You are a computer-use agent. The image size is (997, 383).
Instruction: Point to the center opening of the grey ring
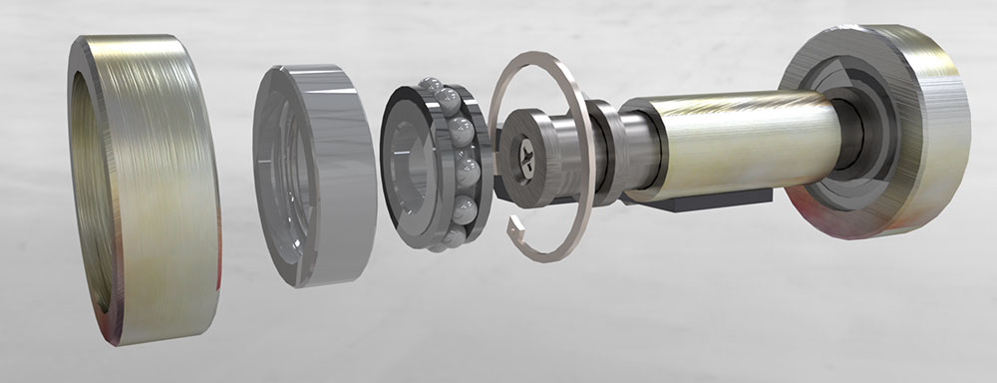[284, 175]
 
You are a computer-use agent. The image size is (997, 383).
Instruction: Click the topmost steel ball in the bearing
[431, 86]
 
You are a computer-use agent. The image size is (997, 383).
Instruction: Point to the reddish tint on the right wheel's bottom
[828, 214]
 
